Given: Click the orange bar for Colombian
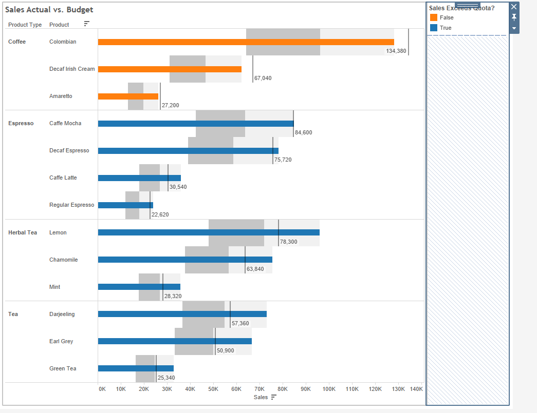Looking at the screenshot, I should point(246,42).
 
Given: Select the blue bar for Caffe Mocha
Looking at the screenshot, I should point(195,124).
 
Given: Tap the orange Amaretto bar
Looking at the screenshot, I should point(128,96).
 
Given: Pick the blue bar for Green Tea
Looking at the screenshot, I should point(136,368).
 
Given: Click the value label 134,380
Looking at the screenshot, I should point(396,51).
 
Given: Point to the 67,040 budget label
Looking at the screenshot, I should point(263,78).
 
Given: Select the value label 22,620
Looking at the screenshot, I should point(160,214).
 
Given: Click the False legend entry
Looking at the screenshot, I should point(447,17).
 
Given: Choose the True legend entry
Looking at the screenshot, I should point(446,28).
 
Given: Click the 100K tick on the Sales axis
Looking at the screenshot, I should point(329,389).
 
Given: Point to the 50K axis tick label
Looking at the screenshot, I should point(213,389).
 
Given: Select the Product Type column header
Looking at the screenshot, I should point(25,25).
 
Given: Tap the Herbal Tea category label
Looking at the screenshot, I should point(23,232).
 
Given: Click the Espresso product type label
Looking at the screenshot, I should point(21,123).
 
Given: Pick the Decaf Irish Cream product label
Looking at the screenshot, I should point(72,69).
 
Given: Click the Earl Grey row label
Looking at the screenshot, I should point(61,341).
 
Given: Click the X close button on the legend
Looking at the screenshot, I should point(514,7).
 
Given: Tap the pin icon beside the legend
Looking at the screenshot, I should point(514,17).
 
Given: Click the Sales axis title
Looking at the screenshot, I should point(261,397).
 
